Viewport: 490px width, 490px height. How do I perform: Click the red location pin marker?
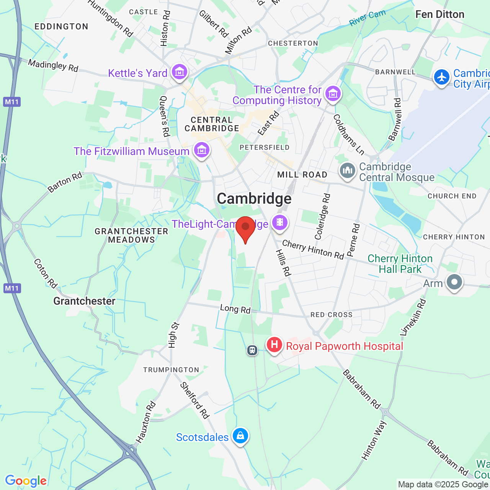click(245, 228)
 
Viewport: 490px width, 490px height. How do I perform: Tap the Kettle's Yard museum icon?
click(179, 72)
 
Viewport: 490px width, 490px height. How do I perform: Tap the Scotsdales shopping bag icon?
click(240, 436)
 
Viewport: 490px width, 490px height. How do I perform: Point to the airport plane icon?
click(442, 77)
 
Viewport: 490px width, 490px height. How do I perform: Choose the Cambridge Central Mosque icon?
click(348, 171)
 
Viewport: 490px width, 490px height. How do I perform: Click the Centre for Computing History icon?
click(333, 93)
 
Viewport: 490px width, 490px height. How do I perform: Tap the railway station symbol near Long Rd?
click(252, 350)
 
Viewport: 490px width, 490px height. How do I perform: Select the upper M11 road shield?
click(12, 102)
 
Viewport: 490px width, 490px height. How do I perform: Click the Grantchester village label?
click(84, 301)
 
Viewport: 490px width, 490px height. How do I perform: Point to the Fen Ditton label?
click(440, 15)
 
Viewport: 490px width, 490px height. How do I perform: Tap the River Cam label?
click(367, 18)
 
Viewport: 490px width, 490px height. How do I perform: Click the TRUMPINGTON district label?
click(171, 370)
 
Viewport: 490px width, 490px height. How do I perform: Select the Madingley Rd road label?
click(53, 65)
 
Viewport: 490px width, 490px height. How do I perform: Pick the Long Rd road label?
click(235, 309)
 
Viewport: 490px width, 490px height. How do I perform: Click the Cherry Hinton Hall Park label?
click(400, 264)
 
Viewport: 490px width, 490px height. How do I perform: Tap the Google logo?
click(26, 481)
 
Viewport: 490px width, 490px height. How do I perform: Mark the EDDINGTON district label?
click(61, 26)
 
